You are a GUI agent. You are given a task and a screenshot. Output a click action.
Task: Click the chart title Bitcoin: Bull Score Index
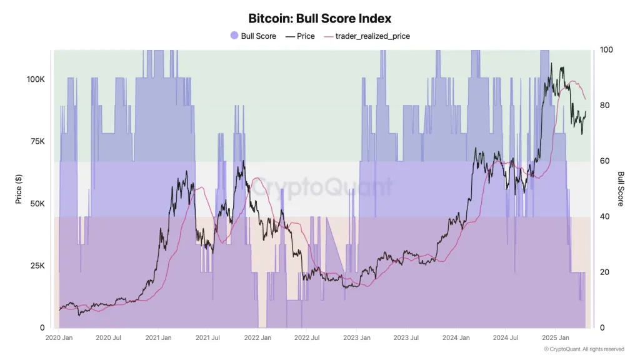pyautogui.click(x=320, y=19)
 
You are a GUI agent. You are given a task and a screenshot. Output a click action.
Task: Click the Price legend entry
pyautogui.click(x=300, y=36)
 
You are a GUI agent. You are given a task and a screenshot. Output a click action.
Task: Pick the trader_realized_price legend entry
pyautogui.click(x=367, y=36)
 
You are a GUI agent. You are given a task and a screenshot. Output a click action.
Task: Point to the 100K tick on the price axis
pyautogui.click(x=35, y=80)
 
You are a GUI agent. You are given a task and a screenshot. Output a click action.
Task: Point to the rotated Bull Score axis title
pyautogui.click(x=621, y=189)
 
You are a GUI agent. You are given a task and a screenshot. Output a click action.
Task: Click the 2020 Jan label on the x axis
pyautogui.click(x=59, y=338)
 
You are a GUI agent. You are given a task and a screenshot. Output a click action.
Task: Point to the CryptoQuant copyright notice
pyautogui.click(x=583, y=349)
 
